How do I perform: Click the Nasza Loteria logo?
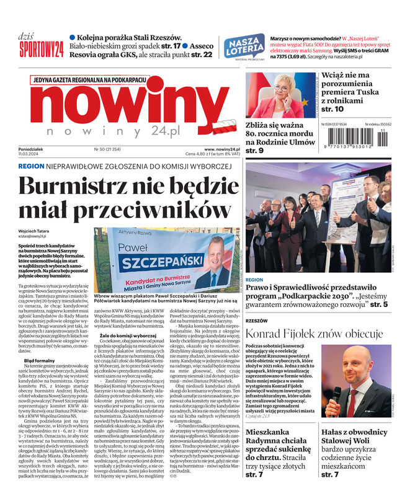click(244, 46)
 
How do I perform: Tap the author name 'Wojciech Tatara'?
click(35, 231)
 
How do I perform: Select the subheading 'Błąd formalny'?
click(40, 360)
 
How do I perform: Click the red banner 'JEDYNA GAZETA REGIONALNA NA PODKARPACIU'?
click(90, 81)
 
